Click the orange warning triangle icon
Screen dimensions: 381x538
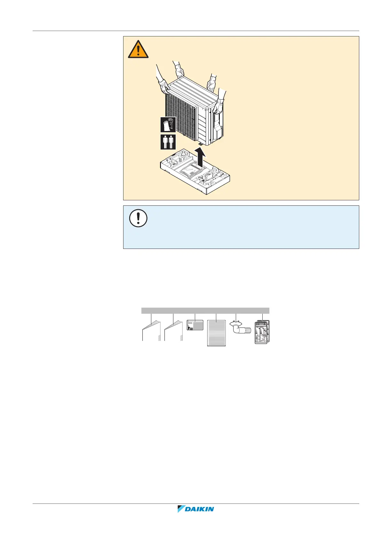coord(138,50)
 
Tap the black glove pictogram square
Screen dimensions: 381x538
coord(168,125)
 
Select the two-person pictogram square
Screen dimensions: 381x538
coord(168,142)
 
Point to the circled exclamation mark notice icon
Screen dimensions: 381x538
coord(138,219)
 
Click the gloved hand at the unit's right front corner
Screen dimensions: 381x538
coord(218,106)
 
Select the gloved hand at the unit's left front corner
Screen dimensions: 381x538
coord(164,86)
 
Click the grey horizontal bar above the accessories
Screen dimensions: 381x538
coord(205,311)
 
